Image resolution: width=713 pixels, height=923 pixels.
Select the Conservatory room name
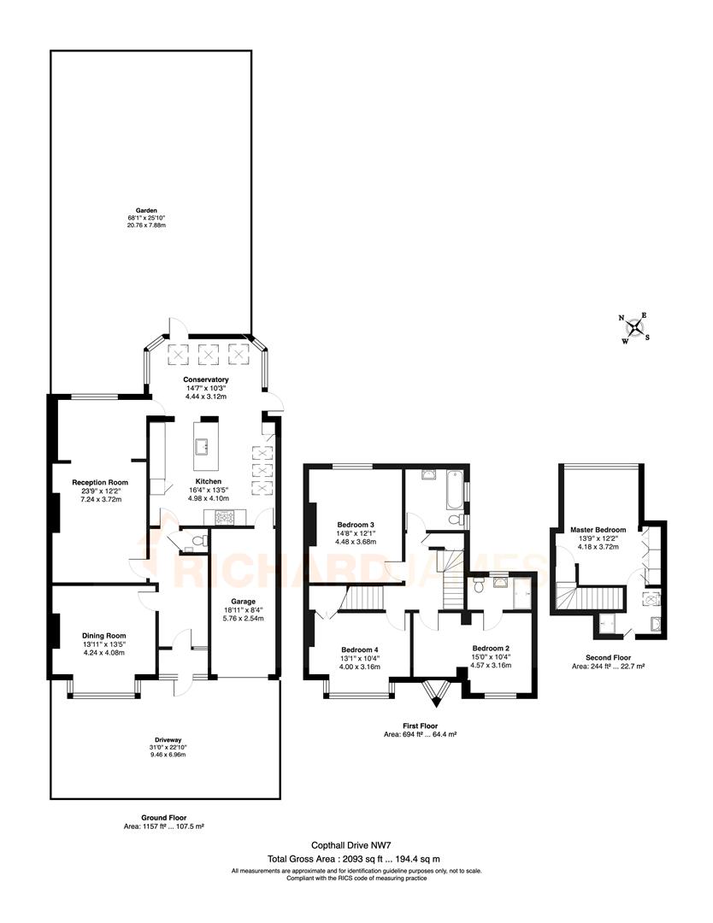(x=205, y=379)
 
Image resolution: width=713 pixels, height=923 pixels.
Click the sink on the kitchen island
(x=205, y=445)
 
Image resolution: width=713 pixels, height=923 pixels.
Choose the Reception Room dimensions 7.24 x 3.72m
(x=100, y=499)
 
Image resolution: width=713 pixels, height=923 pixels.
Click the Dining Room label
(x=103, y=636)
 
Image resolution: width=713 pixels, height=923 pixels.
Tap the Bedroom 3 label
(x=354, y=524)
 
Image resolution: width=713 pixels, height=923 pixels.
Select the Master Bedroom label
(x=598, y=530)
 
